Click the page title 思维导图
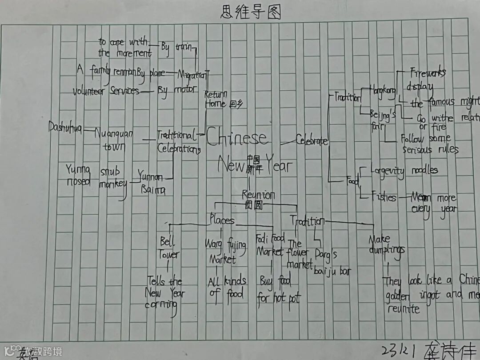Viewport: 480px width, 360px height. click(x=251, y=12)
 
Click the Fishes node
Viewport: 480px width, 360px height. click(x=384, y=196)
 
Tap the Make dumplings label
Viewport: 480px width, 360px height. click(x=386, y=244)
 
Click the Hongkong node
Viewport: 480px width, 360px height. click(x=383, y=91)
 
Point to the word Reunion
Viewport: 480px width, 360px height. click(x=258, y=195)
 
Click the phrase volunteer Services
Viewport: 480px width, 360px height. click(x=106, y=91)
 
